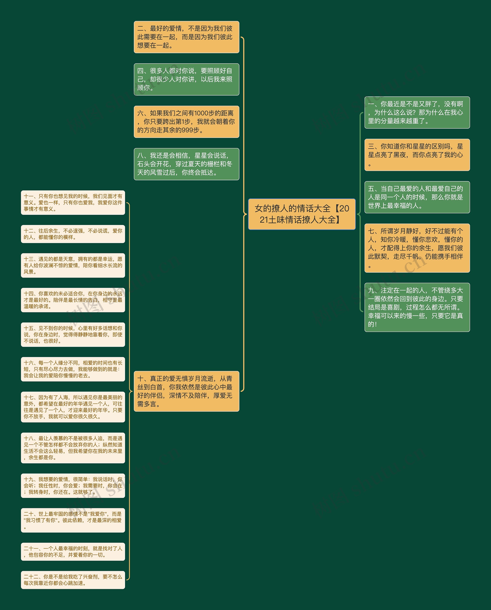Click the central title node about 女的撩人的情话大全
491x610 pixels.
302,214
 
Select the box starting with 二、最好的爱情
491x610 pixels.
186,37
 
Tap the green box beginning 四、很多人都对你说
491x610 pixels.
186,79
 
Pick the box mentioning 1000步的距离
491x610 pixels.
186,122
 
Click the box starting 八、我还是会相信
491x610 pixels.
186,164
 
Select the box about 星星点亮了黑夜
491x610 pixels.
417,155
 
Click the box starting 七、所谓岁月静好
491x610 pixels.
417,248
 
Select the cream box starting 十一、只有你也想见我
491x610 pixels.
73,203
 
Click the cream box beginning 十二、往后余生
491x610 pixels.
73,234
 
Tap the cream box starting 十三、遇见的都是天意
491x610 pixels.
73,265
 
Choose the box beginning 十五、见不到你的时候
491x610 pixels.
73,335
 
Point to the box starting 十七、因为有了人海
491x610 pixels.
73,407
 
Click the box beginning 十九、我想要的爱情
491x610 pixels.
73,486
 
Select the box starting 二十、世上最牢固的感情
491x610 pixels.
73,520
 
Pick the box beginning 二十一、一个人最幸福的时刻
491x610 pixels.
73,552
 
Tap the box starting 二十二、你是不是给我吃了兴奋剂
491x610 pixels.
73,580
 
